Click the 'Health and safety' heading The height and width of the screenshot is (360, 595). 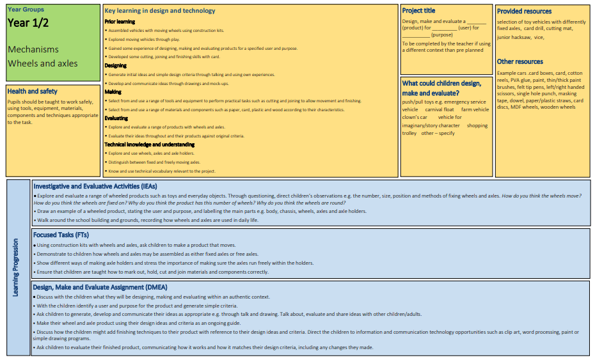tap(33, 91)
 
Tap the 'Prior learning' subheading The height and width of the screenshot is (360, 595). tap(120, 22)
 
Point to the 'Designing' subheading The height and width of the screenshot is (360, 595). tap(116, 66)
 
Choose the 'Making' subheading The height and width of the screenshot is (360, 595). tap(113, 92)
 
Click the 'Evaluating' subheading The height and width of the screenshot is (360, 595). tap(116, 118)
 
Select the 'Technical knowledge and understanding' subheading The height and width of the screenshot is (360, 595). tap(149, 145)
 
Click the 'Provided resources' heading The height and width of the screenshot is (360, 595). tap(524, 12)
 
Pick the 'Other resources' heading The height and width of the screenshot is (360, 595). tap(520, 61)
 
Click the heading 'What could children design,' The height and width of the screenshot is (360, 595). tap(441, 83)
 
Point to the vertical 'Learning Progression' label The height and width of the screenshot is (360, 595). tap(16, 267)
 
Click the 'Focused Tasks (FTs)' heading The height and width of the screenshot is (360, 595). tap(61, 235)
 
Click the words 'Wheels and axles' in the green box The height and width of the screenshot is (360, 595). tap(43, 63)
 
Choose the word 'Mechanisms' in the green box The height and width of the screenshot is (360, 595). tap(33, 49)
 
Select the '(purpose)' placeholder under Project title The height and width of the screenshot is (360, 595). tap(442, 35)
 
